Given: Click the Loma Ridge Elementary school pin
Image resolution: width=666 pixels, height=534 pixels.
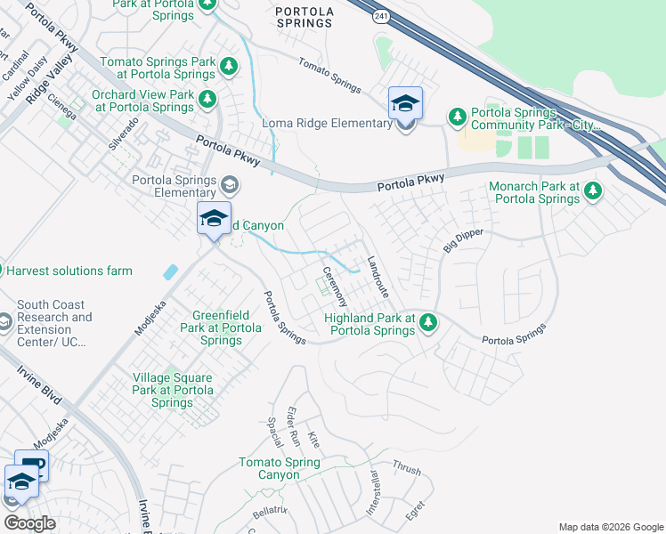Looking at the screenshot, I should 405,104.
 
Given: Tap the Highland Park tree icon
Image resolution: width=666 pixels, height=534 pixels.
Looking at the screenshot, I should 428,321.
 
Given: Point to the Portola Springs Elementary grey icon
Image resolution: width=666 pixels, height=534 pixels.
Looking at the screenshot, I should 230,184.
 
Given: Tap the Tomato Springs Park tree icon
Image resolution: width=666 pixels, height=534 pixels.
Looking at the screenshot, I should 229,66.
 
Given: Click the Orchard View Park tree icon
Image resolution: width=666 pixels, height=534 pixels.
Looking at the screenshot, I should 207,98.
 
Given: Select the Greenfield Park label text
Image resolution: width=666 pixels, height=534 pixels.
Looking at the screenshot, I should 227,328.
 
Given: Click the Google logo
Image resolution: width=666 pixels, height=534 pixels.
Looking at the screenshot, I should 30,523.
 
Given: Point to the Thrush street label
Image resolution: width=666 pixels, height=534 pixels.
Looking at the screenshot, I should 406,468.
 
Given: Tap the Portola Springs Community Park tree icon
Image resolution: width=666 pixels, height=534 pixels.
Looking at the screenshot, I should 458,117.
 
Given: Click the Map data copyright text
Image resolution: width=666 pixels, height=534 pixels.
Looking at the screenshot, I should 610,527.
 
